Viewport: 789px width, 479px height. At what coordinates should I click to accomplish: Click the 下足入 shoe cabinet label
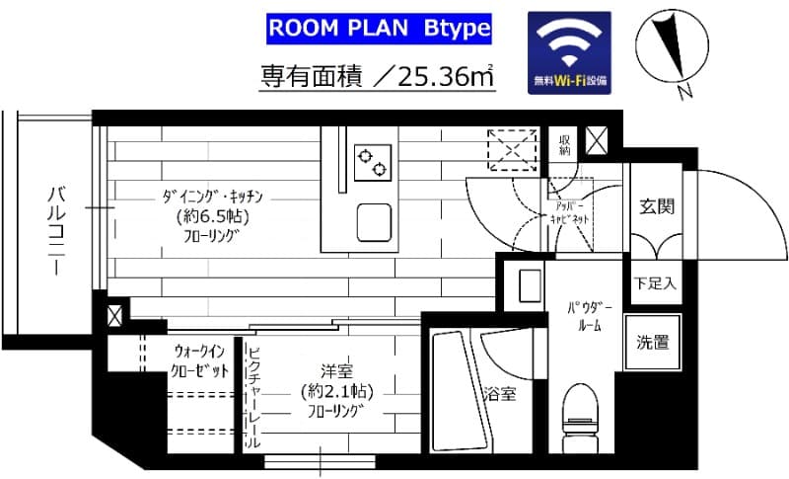click(x=655, y=283)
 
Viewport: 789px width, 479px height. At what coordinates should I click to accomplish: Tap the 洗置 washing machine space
click(x=653, y=343)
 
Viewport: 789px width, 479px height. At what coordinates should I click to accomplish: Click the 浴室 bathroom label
click(x=499, y=395)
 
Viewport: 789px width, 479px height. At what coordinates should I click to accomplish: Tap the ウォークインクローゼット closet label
click(x=200, y=360)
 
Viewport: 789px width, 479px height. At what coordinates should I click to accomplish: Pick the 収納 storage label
click(x=565, y=145)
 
